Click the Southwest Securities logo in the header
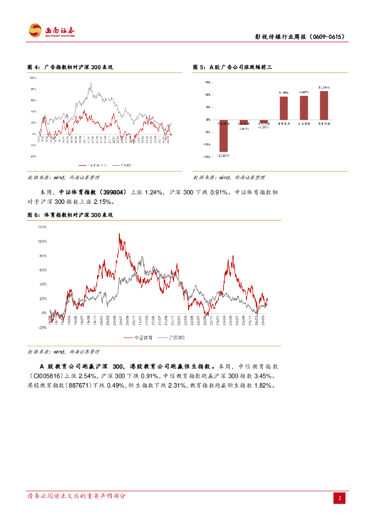[x=51, y=31]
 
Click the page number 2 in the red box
[x=340, y=498]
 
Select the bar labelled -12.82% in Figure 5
[x=224, y=136]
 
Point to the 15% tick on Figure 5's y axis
[x=207, y=82]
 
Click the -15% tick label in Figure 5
[x=206, y=156]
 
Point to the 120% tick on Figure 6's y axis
[x=42, y=227]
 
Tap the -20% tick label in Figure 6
[x=42, y=328]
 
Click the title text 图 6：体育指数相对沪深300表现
[x=70, y=214]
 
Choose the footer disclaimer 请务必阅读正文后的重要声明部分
[x=76, y=496]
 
